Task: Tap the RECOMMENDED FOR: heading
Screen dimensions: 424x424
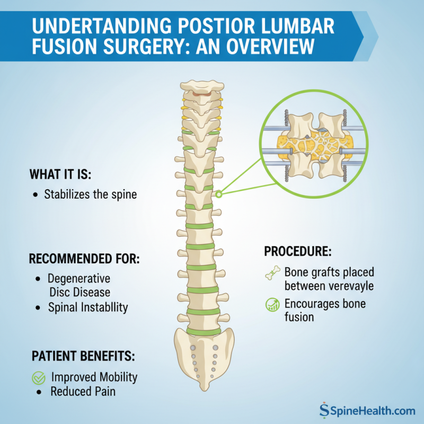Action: point(84,260)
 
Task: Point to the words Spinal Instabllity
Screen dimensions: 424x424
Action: point(88,307)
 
